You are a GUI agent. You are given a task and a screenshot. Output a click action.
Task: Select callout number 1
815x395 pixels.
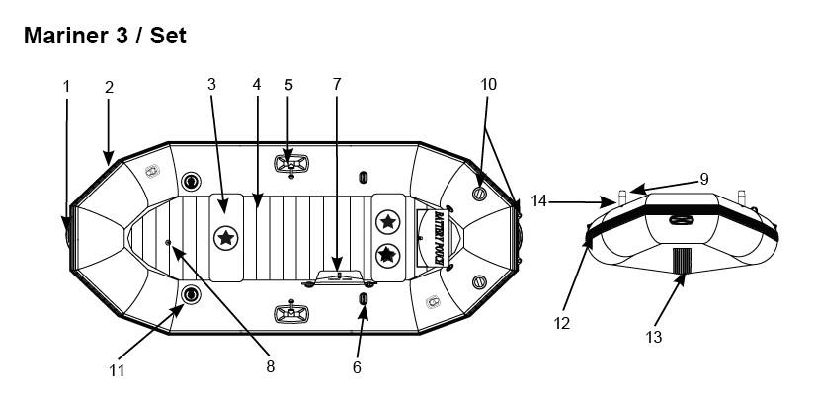tap(67, 86)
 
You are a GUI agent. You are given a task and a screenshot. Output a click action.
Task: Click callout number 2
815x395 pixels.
tap(109, 87)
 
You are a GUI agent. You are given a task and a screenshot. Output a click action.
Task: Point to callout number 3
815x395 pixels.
tap(210, 85)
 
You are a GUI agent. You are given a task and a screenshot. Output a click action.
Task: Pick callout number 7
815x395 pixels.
tap(336, 85)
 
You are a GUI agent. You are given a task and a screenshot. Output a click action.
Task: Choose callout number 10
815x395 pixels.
tap(488, 85)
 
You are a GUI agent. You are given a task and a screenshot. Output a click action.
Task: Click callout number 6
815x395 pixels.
tap(357, 367)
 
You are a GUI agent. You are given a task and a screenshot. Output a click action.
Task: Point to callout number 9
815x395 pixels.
tap(704, 179)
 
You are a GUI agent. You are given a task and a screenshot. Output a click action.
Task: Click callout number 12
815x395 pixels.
tap(562, 323)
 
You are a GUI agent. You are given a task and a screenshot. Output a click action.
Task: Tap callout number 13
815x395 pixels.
tap(653, 337)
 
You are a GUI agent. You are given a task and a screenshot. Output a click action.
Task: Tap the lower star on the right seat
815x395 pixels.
tap(388, 255)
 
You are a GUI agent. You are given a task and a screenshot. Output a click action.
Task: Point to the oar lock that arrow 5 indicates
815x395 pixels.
tap(289, 160)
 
